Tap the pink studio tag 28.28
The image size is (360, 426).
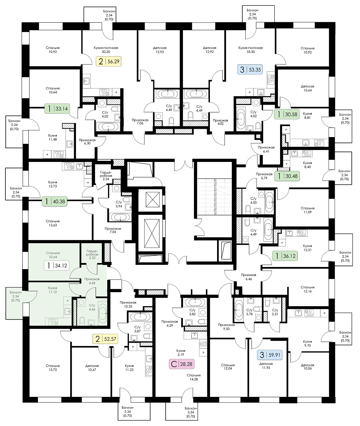(x=182, y=364)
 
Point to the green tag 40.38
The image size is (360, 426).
(x=55, y=201)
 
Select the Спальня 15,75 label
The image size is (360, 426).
(x=53, y=368)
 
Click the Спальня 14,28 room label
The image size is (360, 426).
(x=194, y=377)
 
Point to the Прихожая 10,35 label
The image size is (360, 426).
(x=128, y=304)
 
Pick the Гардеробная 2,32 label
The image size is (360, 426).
(x=92, y=254)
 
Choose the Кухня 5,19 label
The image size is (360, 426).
(x=181, y=353)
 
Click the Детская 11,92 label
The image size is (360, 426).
(x=266, y=366)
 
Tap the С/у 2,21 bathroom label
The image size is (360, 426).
(x=275, y=312)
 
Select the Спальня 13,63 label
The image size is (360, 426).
(x=53, y=223)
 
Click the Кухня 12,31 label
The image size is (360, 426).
(x=307, y=248)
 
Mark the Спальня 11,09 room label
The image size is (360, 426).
(x=307, y=210)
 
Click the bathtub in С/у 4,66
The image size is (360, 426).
(x=103, y=313)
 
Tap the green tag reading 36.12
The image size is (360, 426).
(x=285, y=256)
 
